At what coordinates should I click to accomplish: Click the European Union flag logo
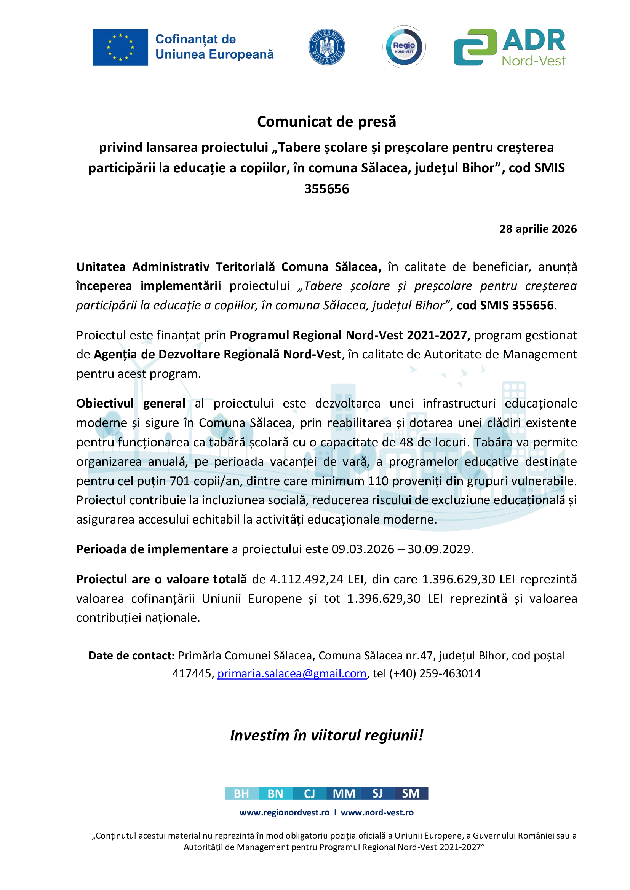click(120, 47)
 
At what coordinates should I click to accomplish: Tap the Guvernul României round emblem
click(327, 47)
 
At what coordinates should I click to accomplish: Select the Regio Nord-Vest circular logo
click(404, 47)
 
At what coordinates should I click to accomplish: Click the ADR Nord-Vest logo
click(510, 47)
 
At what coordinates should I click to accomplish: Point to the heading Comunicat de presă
click(327, 122)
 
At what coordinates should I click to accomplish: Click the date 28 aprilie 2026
click(538, 229)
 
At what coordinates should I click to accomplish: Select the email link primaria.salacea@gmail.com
click(292, 673)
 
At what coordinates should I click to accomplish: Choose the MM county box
click(344, 793)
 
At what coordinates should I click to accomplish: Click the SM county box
click(411, 793)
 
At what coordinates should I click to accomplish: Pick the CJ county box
click(310, 793)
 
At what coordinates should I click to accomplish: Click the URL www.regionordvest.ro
click(285, 812)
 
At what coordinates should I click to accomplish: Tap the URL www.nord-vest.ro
click(377, 812)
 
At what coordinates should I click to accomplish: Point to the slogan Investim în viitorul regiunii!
click(327, 736)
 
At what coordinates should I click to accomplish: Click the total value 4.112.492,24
click(306, 579)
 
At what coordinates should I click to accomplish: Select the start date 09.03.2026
click(363, 549)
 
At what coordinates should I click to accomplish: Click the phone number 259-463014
click(450, 673)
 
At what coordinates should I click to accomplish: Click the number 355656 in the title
click(327, 189)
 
